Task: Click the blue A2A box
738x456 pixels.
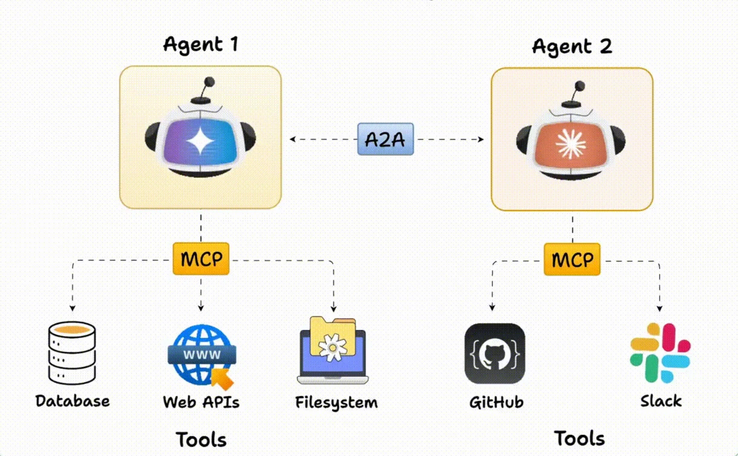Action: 386,139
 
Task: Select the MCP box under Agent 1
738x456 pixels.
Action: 201,259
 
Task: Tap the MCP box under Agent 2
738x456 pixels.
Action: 572,259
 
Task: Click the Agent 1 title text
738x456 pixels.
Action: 201,44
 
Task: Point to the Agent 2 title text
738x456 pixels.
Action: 572,46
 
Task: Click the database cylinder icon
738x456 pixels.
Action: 72,352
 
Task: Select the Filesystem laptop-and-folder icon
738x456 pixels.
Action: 333,350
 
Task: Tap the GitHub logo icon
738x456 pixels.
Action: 495,353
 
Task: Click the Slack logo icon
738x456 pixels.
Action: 660,353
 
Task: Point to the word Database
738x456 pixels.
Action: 73,401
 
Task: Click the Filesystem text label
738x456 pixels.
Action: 336,402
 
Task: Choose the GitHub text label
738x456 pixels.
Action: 496,402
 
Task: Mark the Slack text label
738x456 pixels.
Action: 661,401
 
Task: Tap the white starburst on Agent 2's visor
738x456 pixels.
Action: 570,144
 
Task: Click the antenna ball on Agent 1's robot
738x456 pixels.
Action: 209,82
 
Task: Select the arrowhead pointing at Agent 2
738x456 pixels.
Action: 481,139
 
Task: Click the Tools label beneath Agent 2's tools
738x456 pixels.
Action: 579,438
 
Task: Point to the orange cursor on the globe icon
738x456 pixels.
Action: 222,379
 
